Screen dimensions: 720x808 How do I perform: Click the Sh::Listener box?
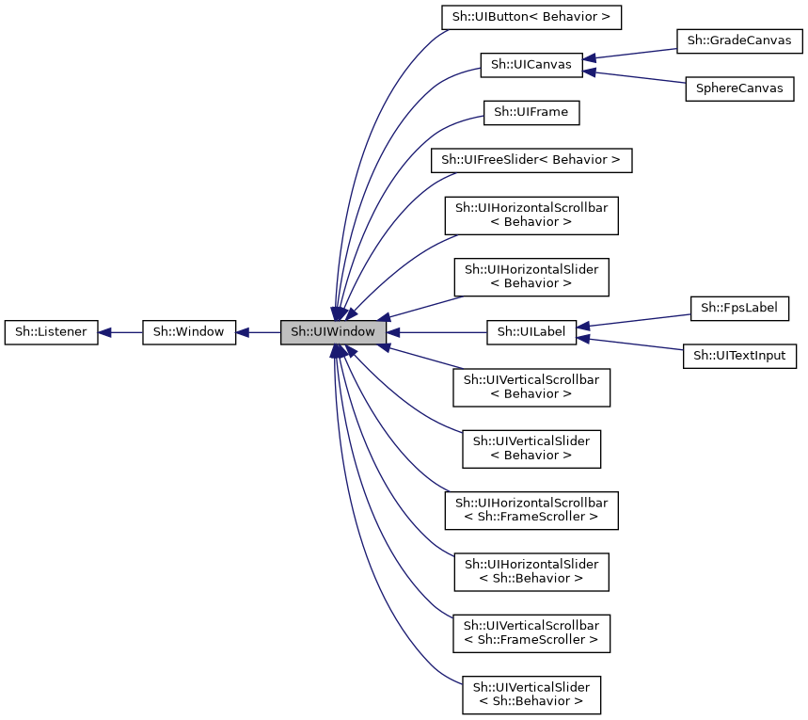point(51,332)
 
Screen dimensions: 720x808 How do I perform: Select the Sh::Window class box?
point(188,332)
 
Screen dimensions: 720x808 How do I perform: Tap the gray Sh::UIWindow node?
point(333,332)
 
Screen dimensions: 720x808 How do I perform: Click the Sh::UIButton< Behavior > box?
point(531,17)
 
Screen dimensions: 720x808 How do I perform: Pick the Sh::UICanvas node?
point(531,65)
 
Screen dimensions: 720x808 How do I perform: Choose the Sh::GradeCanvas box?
point(738,41)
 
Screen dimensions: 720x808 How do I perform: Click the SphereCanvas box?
point(738,88)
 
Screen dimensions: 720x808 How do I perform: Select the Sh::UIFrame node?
point(531,113)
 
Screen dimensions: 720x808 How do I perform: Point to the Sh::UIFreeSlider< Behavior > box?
point(531,160)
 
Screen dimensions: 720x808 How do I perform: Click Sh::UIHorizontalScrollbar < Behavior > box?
point(531,215)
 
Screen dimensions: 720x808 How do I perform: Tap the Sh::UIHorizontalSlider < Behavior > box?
point(531,276)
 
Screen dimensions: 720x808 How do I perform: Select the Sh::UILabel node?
point(531,332)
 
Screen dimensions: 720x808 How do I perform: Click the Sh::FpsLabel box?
point(739,308)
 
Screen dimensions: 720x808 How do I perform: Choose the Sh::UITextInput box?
point(739,356)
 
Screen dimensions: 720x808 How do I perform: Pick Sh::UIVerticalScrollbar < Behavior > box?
point(531,387)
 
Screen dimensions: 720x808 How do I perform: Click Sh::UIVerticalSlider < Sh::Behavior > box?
point(531,694)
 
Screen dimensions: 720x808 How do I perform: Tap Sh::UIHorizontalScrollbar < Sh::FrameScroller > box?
point(531,509)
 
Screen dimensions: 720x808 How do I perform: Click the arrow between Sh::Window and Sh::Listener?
point(120,332)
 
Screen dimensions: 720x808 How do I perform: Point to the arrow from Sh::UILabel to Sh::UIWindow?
point(436,332)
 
